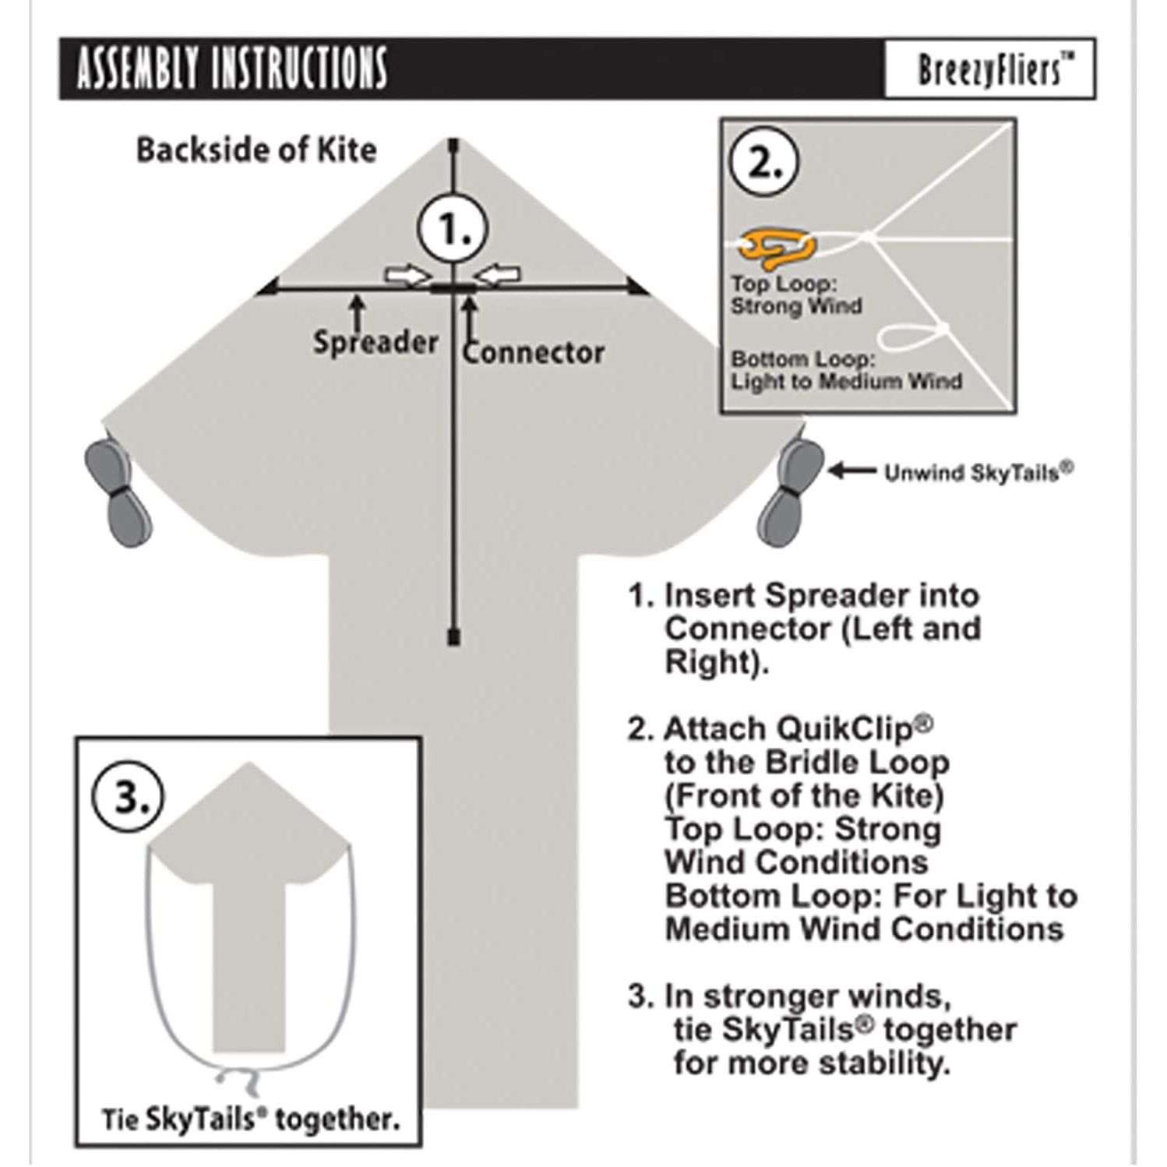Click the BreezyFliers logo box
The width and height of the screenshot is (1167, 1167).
(x=989, y=69)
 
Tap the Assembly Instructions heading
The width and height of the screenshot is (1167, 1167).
(x=231, y=69)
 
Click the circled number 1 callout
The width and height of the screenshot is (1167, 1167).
(x=453, y=229)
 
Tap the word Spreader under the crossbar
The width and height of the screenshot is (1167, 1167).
(x=375, y=342)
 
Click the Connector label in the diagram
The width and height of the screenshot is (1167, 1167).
(x=534, y=353)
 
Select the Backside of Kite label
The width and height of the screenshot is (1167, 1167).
(x=256, y=150)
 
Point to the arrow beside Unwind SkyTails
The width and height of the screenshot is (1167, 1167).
(x=851, y=471)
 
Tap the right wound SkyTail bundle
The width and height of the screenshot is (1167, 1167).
(x=790, y=490)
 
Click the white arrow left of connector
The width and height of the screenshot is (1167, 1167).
(x=407, y=275)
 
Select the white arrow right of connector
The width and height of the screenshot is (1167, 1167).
(x=498, y=274)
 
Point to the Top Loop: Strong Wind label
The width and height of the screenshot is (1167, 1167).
(x=795, y=295)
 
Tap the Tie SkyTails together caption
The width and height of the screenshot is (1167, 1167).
(x=250, y=1119)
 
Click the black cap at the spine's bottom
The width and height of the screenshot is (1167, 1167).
(x=454, y=638)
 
